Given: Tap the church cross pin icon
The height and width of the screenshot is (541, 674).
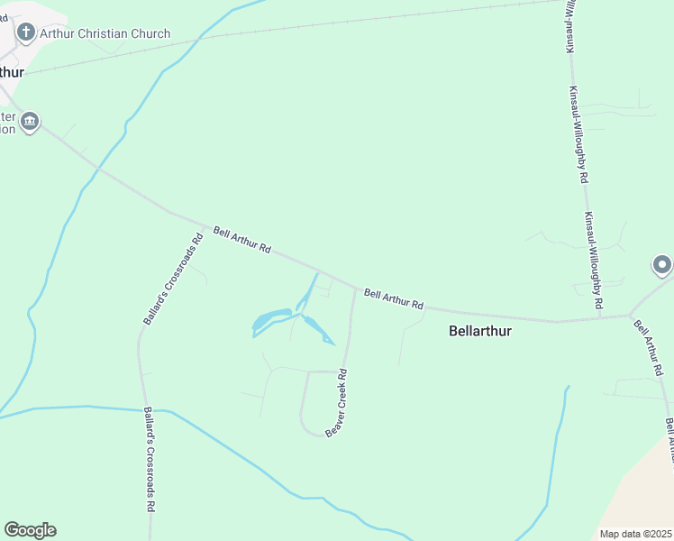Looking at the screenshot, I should pos(26,33).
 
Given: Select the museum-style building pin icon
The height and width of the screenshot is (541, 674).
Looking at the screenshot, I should pos(30,122).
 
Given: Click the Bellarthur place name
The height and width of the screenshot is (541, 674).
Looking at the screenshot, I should pos(479,331).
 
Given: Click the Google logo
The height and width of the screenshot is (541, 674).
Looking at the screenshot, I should pos(30,530).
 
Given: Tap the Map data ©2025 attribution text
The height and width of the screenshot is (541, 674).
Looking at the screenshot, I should pos(634,534).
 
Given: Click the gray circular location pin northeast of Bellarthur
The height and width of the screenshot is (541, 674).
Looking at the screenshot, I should pos(662,265).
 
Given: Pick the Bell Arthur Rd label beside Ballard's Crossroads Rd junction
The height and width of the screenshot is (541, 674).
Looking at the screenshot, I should pos(242,239).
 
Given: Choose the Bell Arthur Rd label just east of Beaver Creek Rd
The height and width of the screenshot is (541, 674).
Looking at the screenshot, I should pos(394,298).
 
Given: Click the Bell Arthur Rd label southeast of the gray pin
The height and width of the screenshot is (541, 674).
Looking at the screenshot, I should pos(648,347).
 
